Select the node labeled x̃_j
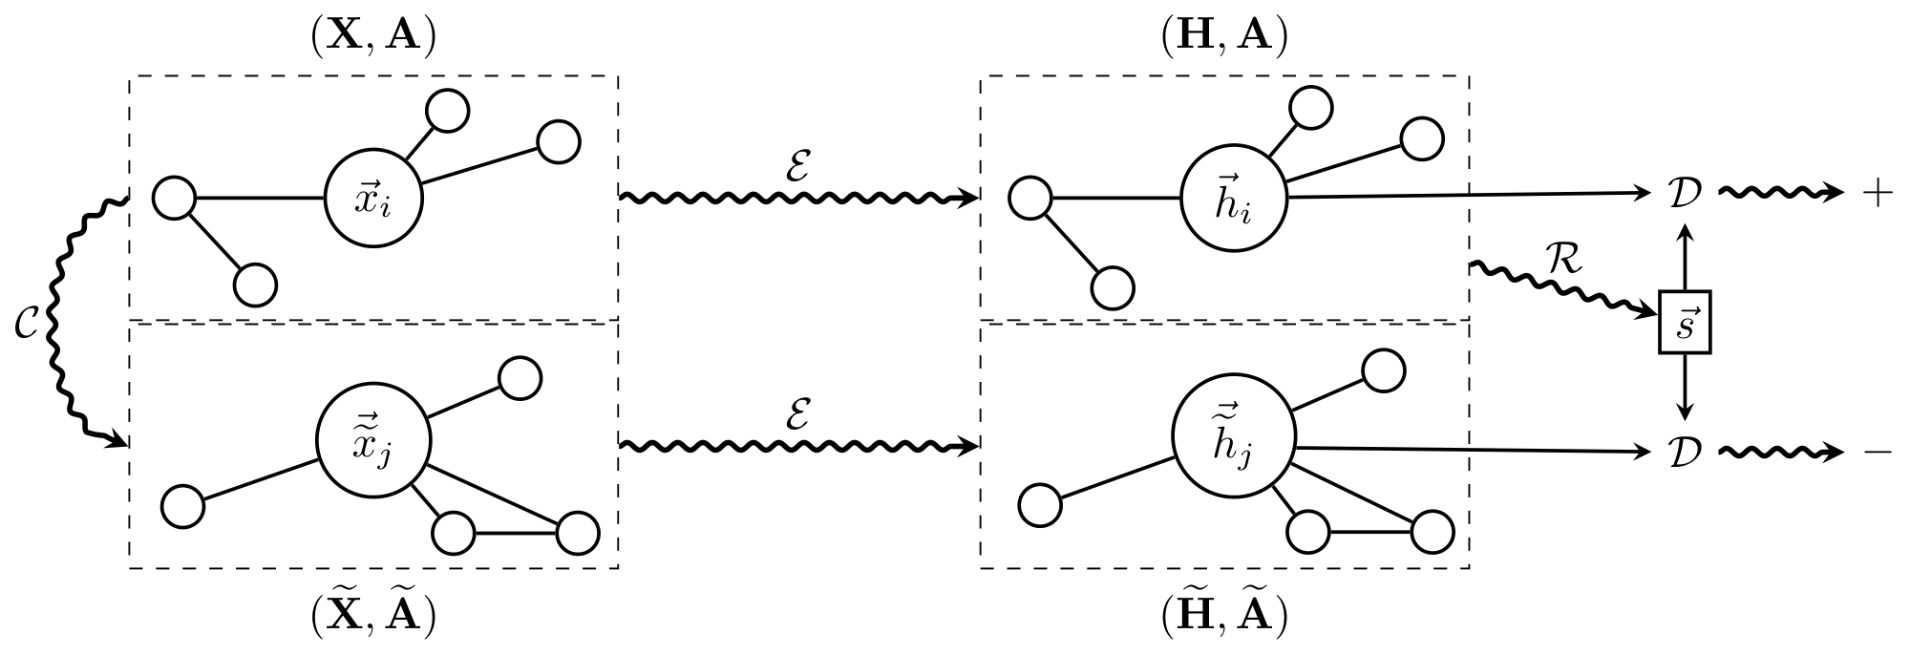click(x=372, y=442)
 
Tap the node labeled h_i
click(x=1233, y=199)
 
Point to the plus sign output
click(x=1877, y=194)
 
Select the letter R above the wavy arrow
click(x=1564, y=260)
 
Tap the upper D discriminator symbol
click(x=1685, y=194)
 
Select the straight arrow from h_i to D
click(x=1471, y=196)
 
